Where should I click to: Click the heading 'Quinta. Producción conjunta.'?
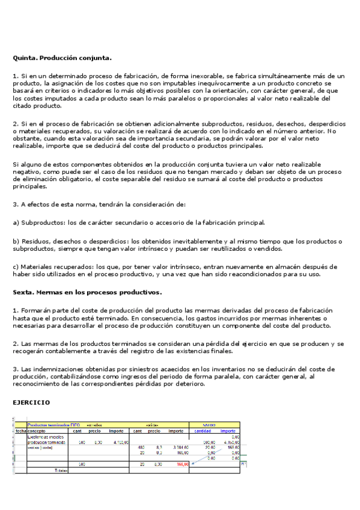click(x=63, y=58)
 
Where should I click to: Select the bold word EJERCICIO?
click(x=32, y=402)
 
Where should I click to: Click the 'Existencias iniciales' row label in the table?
click(x=46, y=437)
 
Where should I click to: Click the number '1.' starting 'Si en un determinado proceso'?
click(x=16, y=76)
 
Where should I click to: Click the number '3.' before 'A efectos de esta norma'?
click(x=16, y=204)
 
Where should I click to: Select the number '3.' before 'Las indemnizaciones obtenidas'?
click(x=16, y=369)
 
